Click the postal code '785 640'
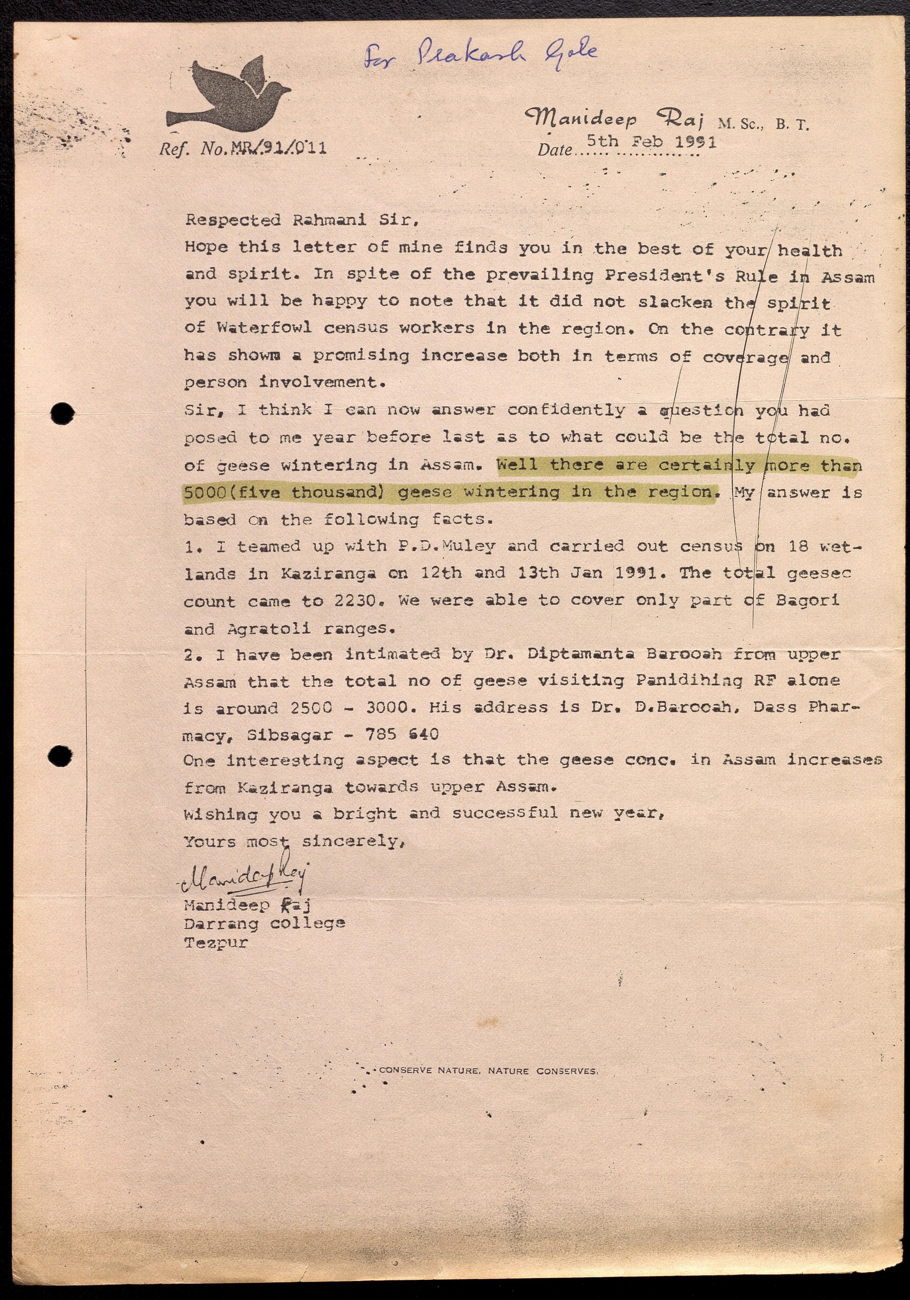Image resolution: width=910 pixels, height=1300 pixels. [402, 734]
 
